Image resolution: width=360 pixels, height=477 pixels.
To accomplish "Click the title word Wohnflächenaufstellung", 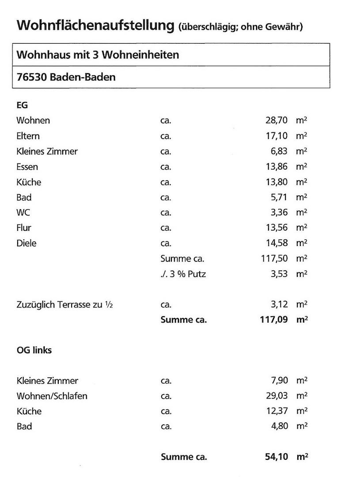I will coord(95,25).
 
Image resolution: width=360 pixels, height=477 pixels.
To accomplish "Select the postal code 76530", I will coord(31,77).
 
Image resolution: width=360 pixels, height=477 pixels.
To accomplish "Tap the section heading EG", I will coord(22,106).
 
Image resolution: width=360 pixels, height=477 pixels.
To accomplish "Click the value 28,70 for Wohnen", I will coord(277,121).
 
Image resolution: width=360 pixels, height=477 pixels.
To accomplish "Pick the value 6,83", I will coord(279,151).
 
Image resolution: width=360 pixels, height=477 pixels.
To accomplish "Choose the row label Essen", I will coord(27,167).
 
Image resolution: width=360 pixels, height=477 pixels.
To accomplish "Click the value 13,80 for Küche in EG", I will coord(277,182).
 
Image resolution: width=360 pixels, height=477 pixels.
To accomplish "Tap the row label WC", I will coord(23,212).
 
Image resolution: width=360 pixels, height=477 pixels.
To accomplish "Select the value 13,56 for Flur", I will coord(277,228).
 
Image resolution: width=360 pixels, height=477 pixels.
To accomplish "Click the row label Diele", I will coord(27,243).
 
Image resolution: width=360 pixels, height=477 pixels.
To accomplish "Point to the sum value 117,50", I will coord(275,258).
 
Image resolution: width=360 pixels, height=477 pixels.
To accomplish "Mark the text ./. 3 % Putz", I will coord(183,274).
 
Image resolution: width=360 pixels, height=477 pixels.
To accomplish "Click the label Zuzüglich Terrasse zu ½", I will coord(64,305).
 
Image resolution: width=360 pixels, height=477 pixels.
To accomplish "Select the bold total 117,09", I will coord(274,320).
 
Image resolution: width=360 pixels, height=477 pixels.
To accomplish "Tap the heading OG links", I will coord(34,350).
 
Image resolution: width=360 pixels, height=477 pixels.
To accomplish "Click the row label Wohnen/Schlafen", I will coord(52,396).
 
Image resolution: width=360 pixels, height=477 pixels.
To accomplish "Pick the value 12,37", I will coord(277,411).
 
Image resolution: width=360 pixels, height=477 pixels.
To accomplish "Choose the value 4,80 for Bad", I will coord(279,427).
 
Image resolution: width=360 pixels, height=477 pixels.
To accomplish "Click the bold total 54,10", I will coord(277,457).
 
